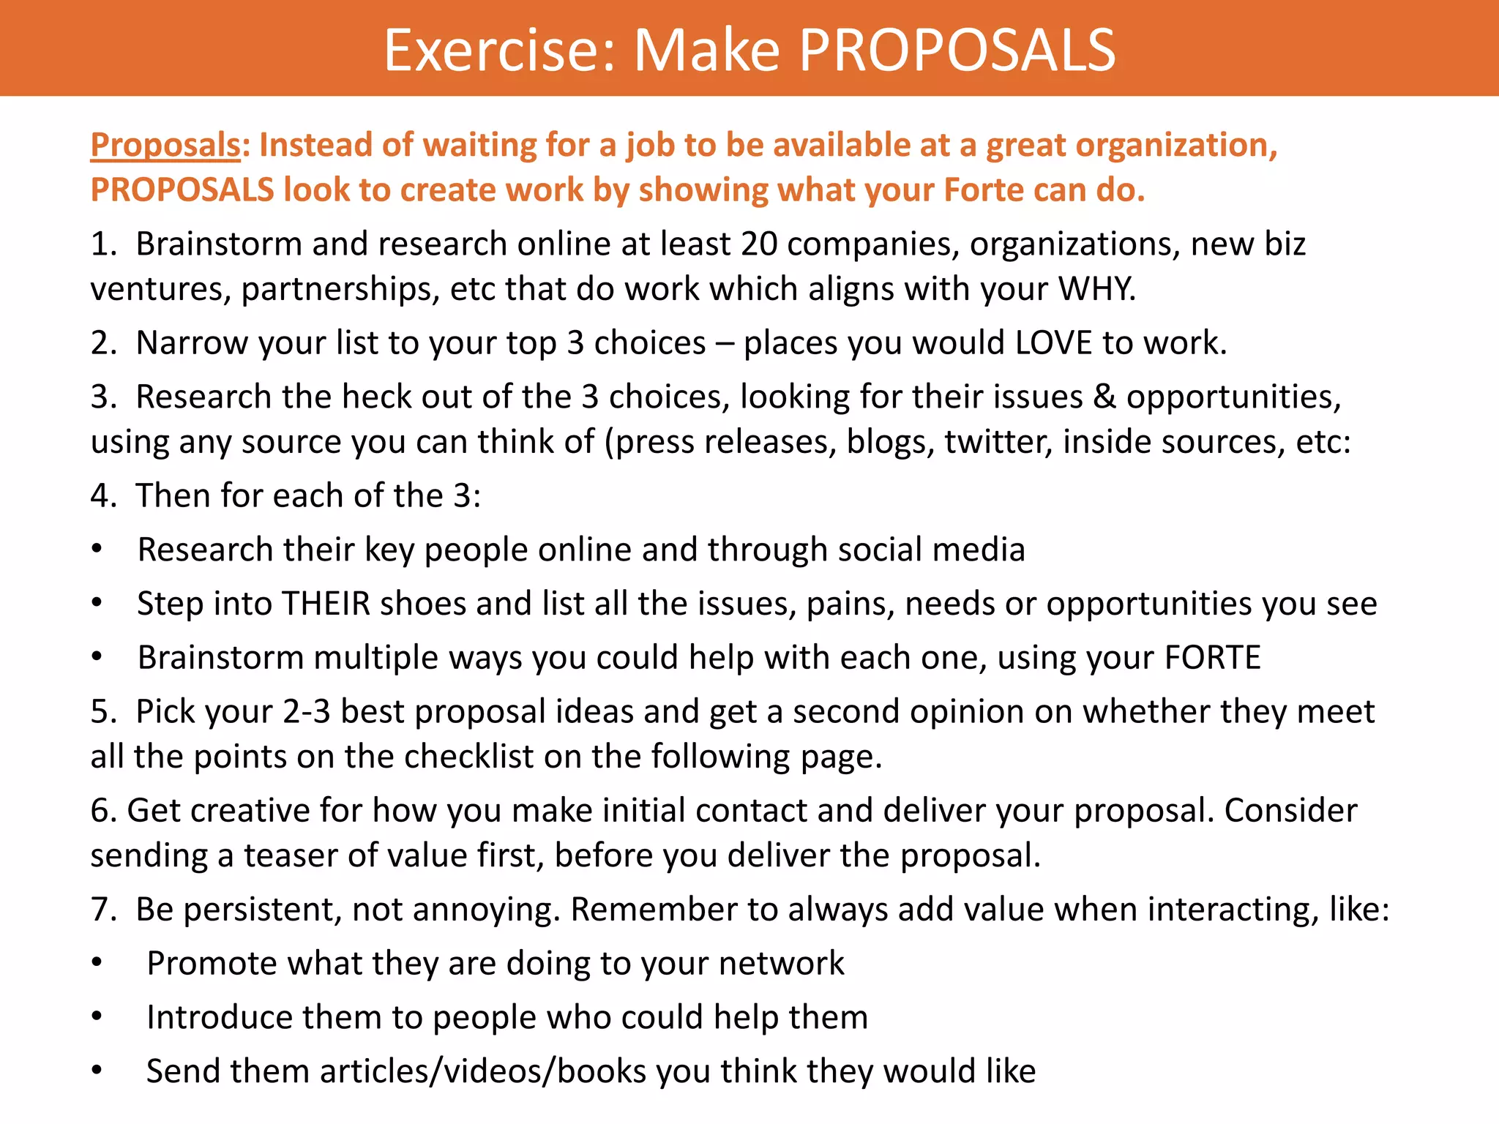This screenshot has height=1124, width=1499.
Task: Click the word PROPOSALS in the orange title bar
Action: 957,50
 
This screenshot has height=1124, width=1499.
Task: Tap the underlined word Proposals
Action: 165,145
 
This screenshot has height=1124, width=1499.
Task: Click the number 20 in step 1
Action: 759,244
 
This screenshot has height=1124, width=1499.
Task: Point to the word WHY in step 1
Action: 1096,289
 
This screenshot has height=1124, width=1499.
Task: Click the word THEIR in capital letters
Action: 326,604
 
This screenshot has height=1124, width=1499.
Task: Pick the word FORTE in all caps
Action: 1212,657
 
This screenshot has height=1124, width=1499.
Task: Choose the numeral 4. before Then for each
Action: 103,495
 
